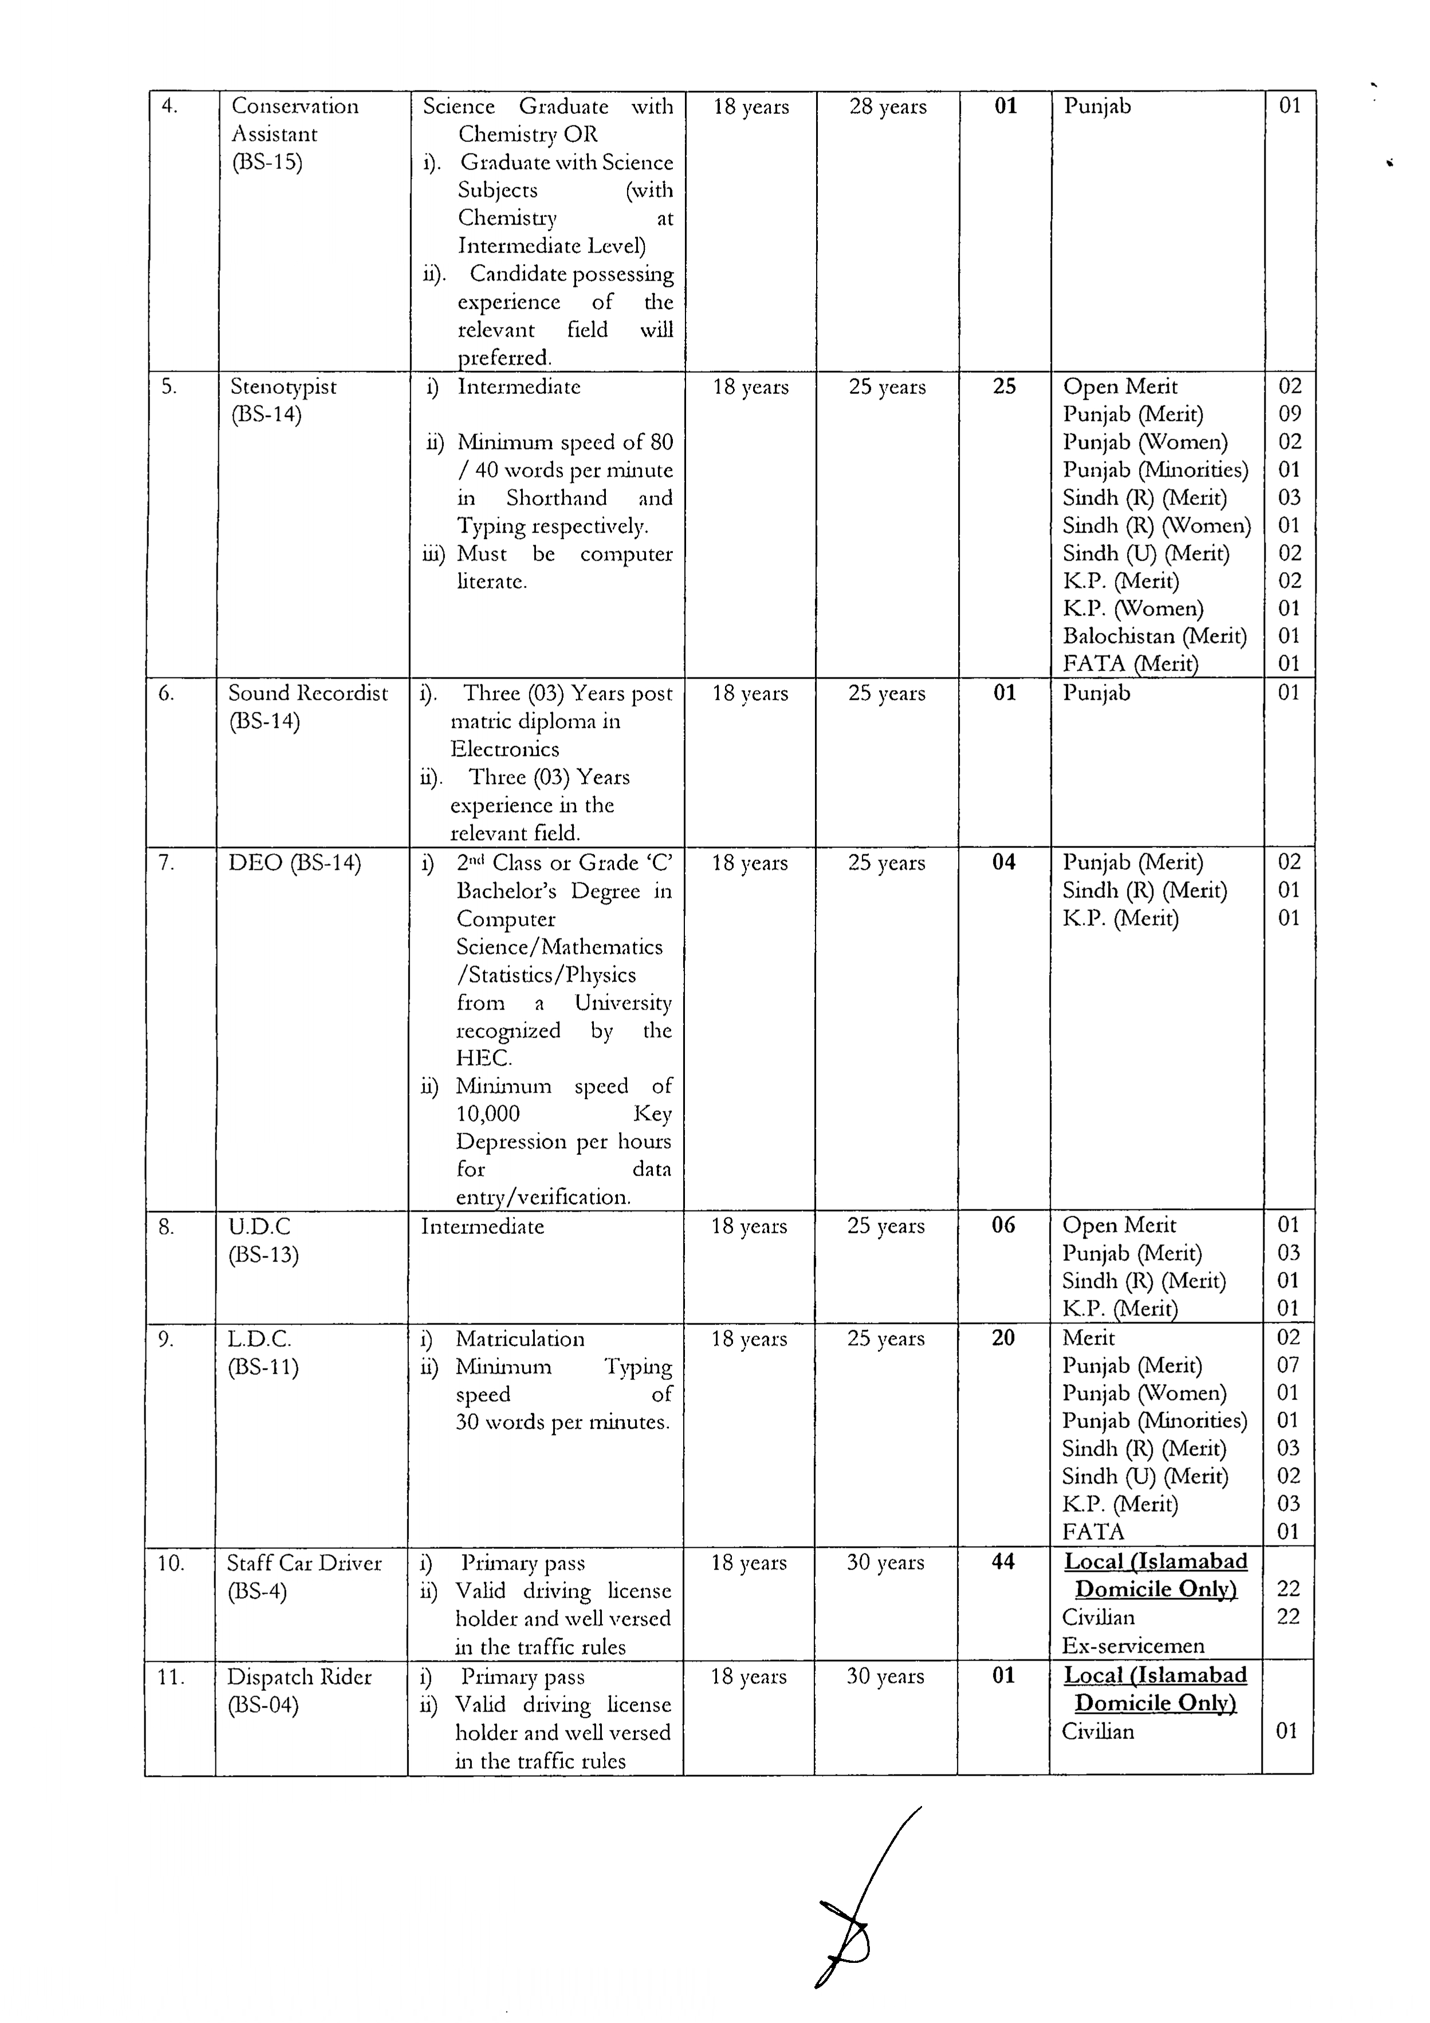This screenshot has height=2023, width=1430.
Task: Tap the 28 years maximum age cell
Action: point(887,107)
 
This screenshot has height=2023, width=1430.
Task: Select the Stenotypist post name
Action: point(283,387)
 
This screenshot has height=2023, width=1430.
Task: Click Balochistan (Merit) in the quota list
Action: point(1154,636)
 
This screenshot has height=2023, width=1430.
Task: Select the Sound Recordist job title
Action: point(308,693)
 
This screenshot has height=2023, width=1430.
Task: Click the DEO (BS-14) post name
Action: point(294,862)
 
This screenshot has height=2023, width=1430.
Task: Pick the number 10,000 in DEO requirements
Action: point(487,1114)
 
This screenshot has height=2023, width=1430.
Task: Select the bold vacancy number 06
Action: point(1003,1225)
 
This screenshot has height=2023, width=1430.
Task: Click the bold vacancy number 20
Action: point(1003,1338)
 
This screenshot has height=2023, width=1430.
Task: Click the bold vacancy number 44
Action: point(1003,1562)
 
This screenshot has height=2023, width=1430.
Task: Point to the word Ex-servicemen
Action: point(1132,1645)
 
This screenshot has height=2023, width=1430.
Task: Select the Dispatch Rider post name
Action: point(300,1677)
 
